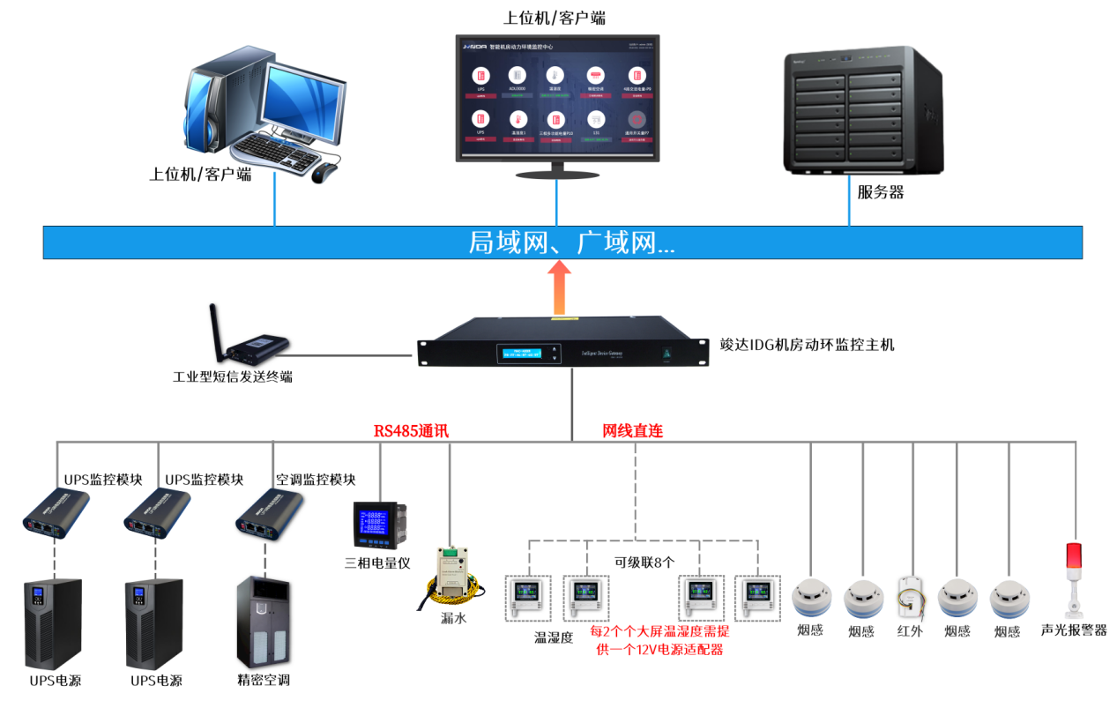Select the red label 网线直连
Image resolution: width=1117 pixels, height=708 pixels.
tap(632, 431)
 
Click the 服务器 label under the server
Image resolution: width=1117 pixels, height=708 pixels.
tap(880, 191)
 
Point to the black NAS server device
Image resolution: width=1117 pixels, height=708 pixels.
tap(863, 111)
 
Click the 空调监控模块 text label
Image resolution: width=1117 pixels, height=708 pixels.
tap(315, 480)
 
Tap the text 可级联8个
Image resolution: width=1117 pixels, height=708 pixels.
tap(644, 562)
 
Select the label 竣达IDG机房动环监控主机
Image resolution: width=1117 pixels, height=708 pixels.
tap(807, 345)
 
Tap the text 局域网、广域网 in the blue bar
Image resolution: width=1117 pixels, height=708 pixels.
tap(571, 242)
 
